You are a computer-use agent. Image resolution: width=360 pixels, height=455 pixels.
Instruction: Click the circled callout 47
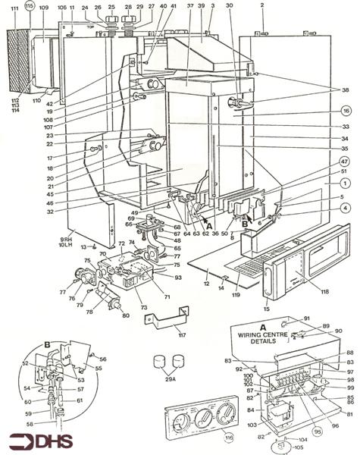click(x=343, y=162)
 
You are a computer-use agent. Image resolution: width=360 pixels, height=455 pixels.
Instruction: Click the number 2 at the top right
click(x=261, y=5)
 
